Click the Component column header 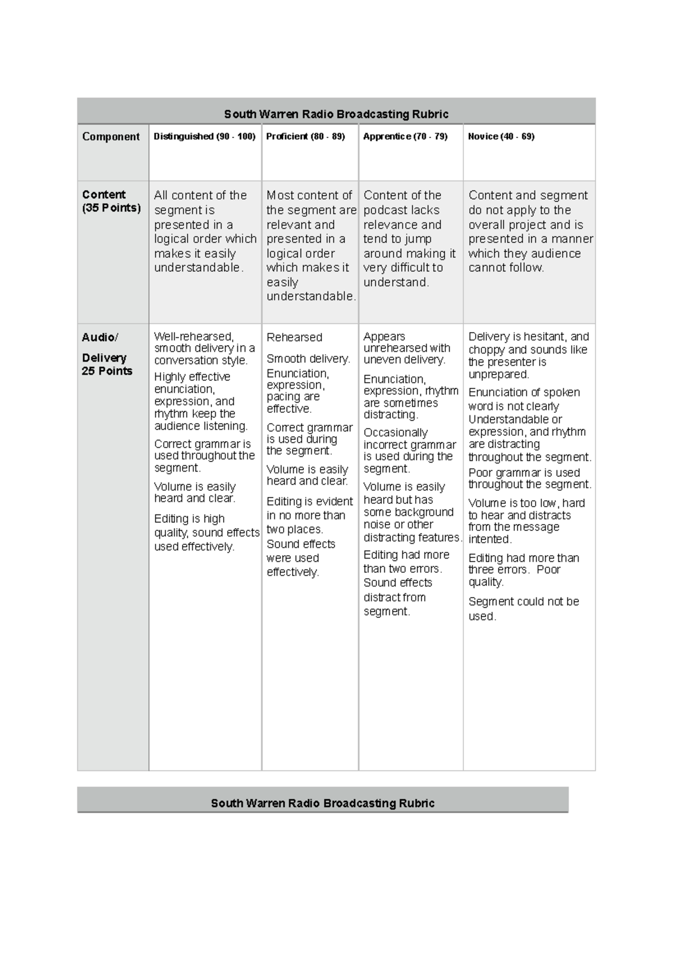pos(111,137)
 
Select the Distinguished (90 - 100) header pos(205,137)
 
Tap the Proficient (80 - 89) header pos(305,137)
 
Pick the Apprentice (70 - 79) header pos(405,137)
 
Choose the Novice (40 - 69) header pos(501,137)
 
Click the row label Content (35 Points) pos(111,201)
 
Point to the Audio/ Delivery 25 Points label pos(107,354)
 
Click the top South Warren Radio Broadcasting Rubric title pos(336,114)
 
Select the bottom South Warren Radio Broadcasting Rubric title pos(323,803)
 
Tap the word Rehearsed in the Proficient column pos(294,337)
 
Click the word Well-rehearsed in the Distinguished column pos(193,337)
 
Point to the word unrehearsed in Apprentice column pos(394,348)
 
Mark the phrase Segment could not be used pos(523,608)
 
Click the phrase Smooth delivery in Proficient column pos(308,359)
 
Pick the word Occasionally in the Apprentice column pos(395,433)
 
